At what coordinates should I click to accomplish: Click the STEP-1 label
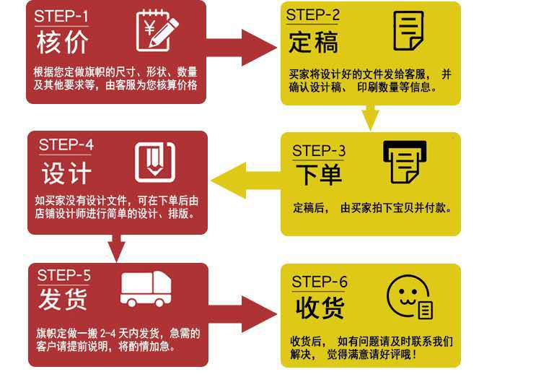[61, 16]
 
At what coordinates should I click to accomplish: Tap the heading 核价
[63, 43]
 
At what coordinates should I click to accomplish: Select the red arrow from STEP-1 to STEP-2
[242, 48]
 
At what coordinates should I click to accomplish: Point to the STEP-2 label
[312, 15]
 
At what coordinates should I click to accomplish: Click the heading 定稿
[313, 42]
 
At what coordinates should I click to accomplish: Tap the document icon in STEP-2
[408, 30]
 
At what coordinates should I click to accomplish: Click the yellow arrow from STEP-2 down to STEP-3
[370, 118]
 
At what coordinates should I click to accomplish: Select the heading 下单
[319, 174]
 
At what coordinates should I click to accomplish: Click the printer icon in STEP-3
[405, 162]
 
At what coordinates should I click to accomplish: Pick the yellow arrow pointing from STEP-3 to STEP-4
[246, 180]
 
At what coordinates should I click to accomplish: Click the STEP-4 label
[66, 144]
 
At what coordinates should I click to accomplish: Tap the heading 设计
[66, 173]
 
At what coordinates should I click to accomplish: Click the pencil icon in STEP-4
[155, 162]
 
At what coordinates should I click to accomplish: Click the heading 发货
[63, 299]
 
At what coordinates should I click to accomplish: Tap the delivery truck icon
[146, 289]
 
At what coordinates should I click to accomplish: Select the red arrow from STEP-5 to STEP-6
[242, 314]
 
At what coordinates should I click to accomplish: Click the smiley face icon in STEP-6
[410, 297]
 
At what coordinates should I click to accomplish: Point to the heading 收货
[320, 308]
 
